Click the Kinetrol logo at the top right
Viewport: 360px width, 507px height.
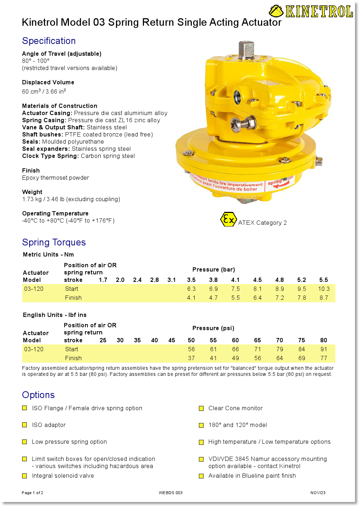311,11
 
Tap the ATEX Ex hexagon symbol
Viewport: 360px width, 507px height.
228,219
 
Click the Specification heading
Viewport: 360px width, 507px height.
49,41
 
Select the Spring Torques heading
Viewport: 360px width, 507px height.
54,242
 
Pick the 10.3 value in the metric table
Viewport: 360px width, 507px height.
324,289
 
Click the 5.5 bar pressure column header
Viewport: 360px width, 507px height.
324,280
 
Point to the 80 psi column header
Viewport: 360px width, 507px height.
324,340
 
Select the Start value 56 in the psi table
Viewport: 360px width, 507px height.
191,349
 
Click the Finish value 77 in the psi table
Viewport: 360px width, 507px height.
324,358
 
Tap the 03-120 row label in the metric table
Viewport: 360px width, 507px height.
34,289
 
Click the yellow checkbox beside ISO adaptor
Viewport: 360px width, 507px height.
25,425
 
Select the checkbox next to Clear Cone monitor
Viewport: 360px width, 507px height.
201,408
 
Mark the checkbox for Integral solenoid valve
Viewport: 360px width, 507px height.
25,476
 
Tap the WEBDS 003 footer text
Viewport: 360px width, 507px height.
171,493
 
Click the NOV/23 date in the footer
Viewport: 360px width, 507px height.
318,493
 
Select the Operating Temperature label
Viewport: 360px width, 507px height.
55,213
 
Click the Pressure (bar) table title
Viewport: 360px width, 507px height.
214,269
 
